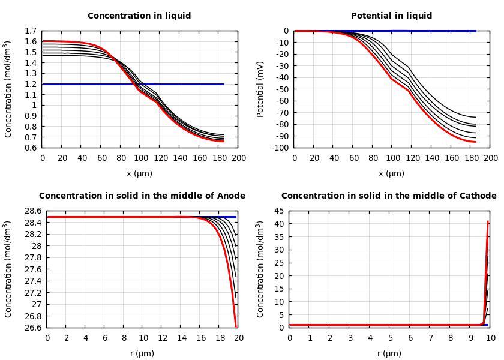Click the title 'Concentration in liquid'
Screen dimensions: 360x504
coord(139,16)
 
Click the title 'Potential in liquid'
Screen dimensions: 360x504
coord(391,16)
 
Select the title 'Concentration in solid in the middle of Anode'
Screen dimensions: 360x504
coord(142,196)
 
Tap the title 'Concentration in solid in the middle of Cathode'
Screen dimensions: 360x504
coord(389,196)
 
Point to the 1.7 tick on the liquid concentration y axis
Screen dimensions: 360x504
coord(31,31)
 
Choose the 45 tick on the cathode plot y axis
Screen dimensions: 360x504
coord(279,211)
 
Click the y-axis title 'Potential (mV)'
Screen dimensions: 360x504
coord(260,89)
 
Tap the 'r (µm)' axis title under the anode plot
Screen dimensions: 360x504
coord(142,353)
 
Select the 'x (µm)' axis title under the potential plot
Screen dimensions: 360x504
coord(391,173)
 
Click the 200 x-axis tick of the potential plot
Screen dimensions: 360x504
coord(491,158)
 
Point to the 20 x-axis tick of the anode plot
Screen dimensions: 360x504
coord(239,338)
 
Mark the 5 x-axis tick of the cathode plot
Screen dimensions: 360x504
coord(390,338)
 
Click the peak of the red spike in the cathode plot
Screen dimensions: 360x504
coord(488,221)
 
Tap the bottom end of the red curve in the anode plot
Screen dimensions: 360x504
coord(236,327)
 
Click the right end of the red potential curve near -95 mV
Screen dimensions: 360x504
coord(475,142)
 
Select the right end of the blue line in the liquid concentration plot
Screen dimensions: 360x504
coord(224,84)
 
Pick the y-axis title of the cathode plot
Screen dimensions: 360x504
coord(260,269)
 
